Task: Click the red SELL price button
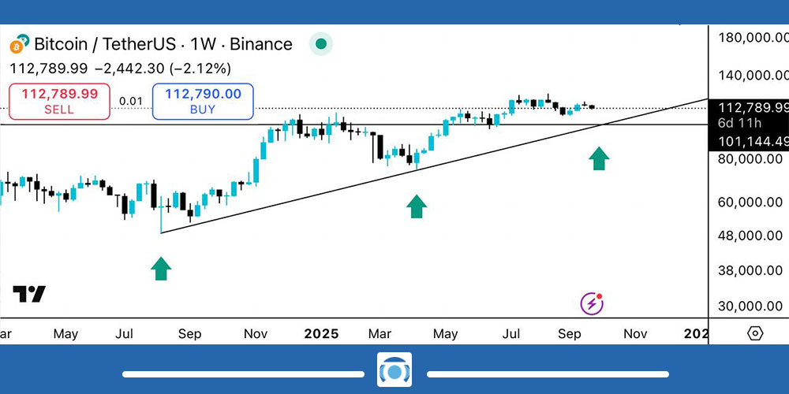(59, 102)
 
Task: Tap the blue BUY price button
(204, 102)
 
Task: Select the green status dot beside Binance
(320, 44)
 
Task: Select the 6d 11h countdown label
(740, 124)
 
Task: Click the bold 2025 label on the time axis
(322, 333)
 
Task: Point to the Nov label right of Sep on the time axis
(635, 333)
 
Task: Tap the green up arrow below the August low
(161, 269)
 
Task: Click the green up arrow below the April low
(416, 206)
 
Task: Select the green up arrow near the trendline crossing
(599, 158)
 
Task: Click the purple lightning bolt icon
(592, 303)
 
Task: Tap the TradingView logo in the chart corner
(29, 294)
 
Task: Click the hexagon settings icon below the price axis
(755, 333)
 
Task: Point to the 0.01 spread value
(131, 101)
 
